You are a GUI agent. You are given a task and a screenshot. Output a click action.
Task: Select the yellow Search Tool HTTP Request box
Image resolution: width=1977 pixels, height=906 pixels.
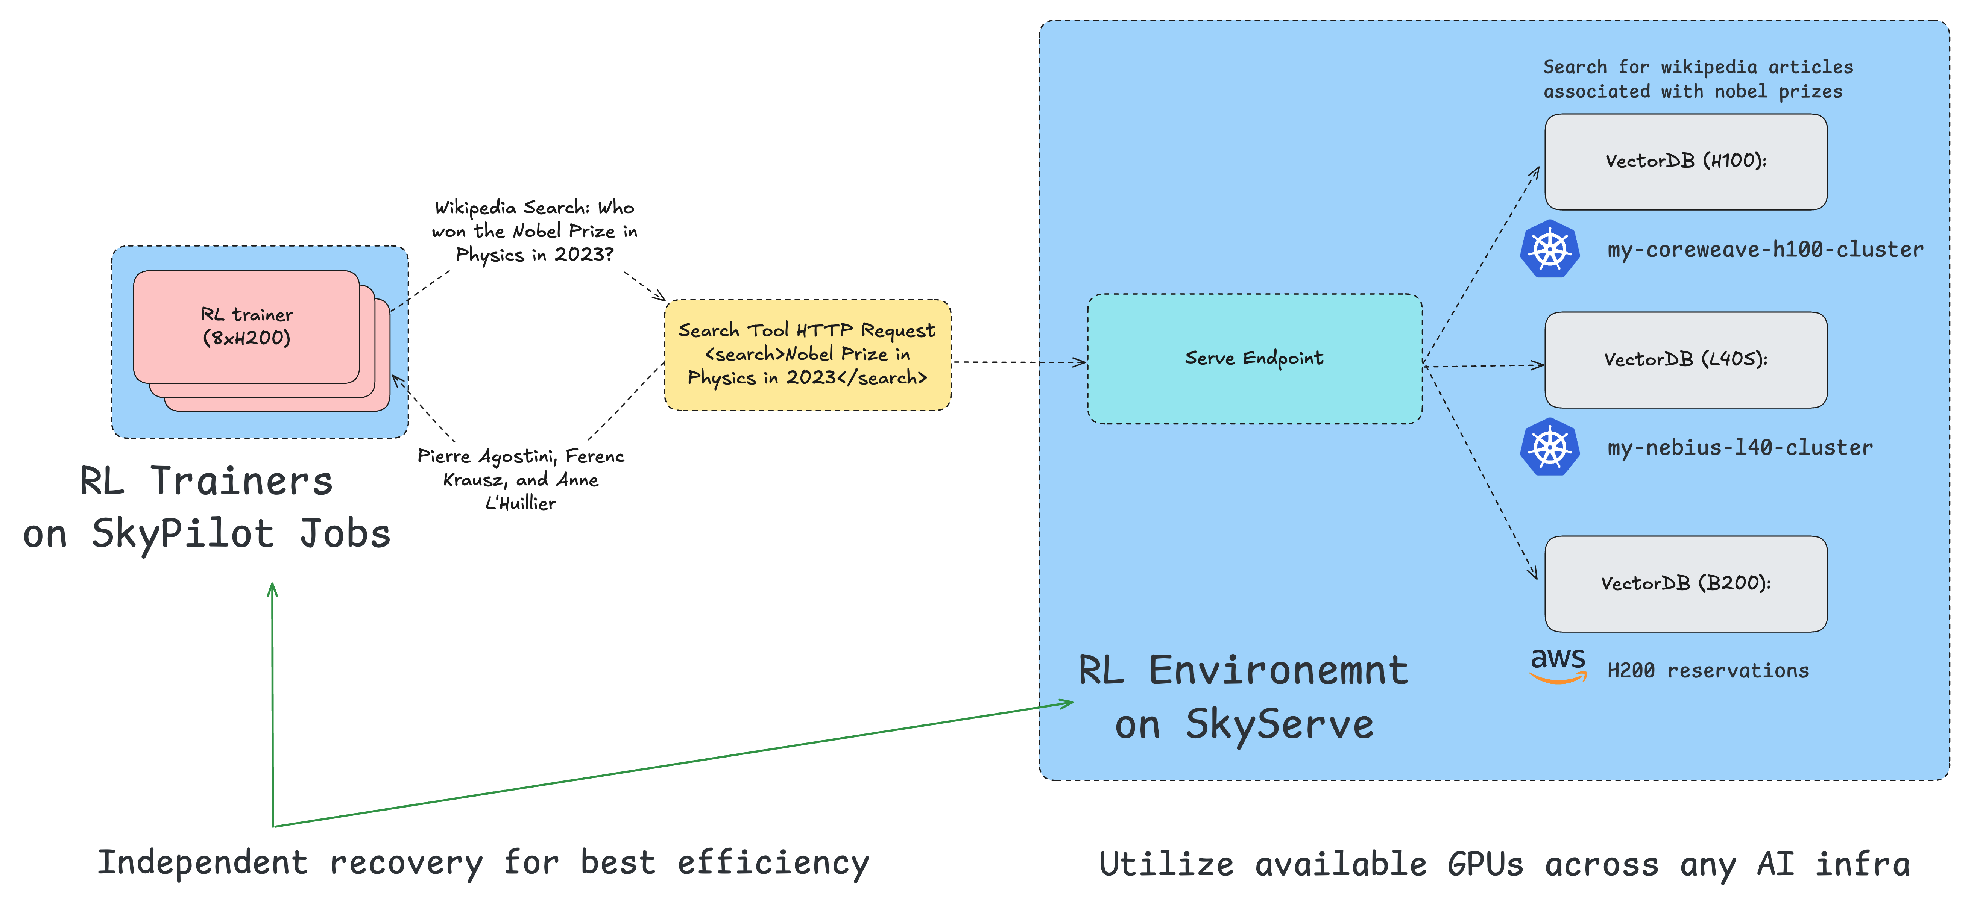807,355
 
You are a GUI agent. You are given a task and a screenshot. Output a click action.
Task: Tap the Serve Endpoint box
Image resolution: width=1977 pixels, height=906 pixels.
1254,358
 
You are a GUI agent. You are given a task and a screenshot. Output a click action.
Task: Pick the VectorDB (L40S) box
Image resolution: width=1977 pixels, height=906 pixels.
1685,360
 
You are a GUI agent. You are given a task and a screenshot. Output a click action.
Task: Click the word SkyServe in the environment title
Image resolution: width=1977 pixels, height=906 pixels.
1279,724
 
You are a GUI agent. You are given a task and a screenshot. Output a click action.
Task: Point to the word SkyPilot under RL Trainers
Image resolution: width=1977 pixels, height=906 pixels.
183,533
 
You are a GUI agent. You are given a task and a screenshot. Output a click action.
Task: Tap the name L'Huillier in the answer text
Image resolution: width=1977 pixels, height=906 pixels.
520,503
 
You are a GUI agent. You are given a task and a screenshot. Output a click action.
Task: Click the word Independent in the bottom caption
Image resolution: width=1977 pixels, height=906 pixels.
203,862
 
